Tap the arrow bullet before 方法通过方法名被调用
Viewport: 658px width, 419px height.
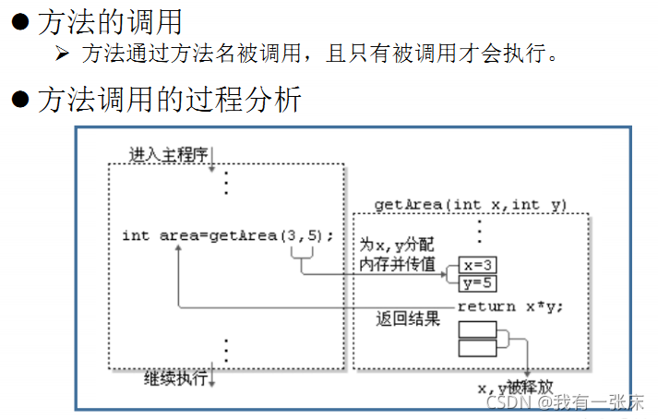64,54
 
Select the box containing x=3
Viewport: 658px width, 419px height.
479,265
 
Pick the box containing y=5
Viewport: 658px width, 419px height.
479,282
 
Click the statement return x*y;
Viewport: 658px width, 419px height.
509,306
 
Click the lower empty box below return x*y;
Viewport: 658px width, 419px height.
478,348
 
